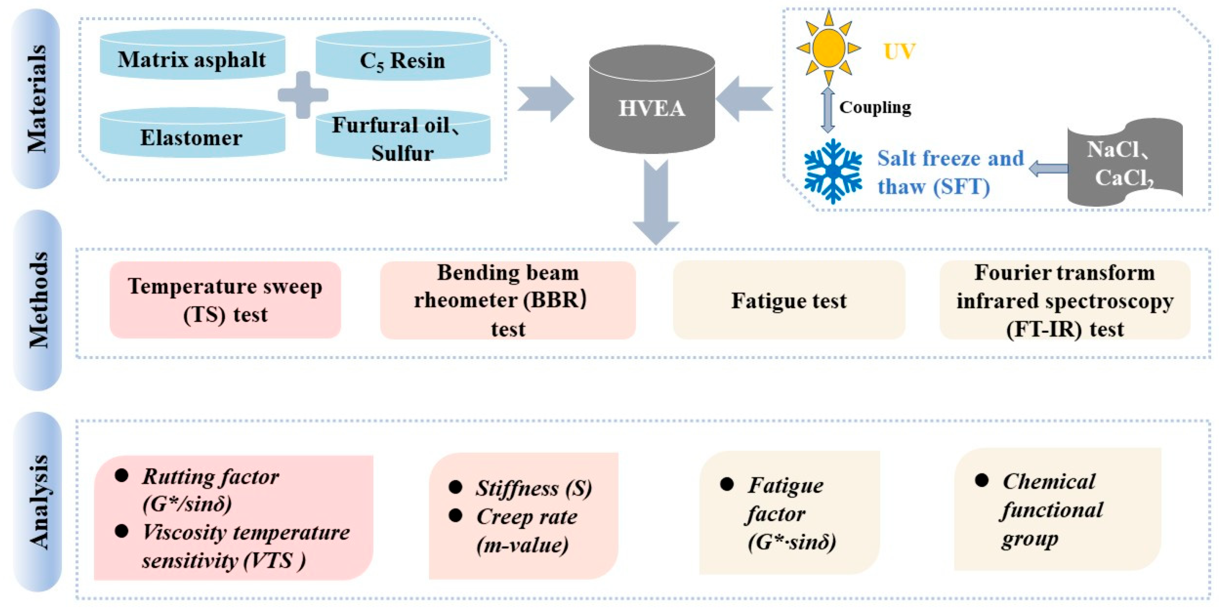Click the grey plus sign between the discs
click(x=303, y=95)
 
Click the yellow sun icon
click(x=828, y=47)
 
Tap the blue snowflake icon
click(x=833, y=171)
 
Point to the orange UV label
click(x=899, y=51)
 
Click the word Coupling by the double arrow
click(x=875, y=107)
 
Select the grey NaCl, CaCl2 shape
click(x=1124, y=163)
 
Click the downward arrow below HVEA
click(x=656, y=203)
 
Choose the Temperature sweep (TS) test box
click(x=225, y=300)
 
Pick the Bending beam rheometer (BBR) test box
click(x=508, y=300)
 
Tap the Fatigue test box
click(x=789, y=300)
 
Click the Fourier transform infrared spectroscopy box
click(x=1065, y=300)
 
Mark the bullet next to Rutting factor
click(x=121, y=475)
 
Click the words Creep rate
click(x=526, y=517)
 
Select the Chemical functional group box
click(x=1058, y=509)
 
